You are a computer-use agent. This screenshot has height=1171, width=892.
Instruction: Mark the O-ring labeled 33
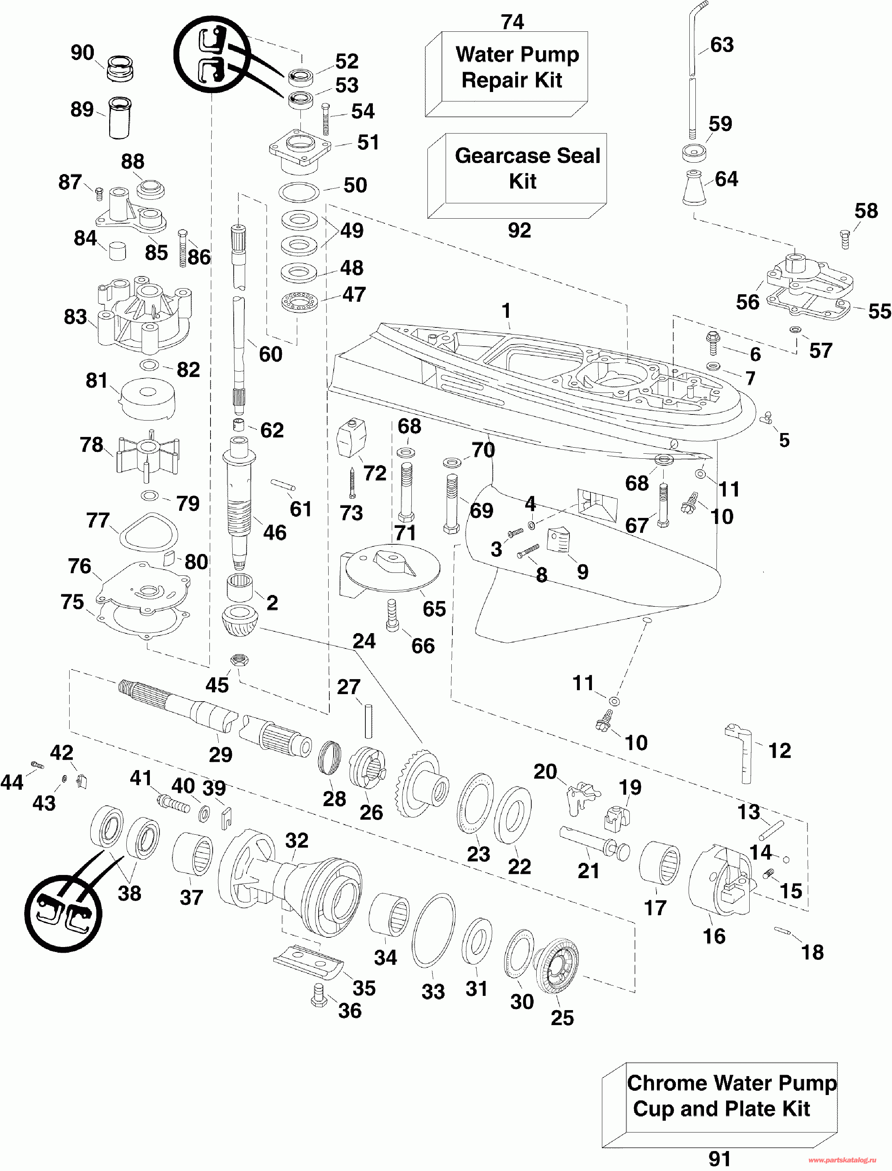click(x=433, y=931)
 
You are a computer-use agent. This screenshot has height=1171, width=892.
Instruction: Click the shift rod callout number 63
click(x=721, y=45)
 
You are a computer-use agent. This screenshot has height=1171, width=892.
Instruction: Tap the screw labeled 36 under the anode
click(x=319, y=995)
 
